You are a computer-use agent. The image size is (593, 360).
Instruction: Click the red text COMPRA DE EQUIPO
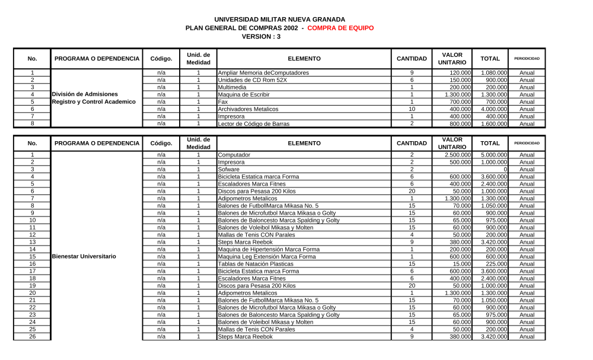(340, 28)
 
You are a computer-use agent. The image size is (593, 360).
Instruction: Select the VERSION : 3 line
(261, 36)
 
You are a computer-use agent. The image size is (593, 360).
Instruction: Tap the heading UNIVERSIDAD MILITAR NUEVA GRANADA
(279, 20)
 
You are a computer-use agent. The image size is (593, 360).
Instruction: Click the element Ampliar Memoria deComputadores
(263, 73)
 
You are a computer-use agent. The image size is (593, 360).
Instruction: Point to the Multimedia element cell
(232, 87)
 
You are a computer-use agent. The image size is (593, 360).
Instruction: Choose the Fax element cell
(223, 102)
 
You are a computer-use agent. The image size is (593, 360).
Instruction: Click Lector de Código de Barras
(253, 124)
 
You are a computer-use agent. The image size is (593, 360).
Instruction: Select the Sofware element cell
(229, 170)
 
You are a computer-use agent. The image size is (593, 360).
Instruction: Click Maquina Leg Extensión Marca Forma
(267, 257)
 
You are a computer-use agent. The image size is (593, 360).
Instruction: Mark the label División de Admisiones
(85, 94)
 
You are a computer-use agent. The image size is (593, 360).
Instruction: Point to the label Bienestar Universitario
(84, 257)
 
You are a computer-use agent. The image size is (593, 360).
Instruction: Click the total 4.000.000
(493, 109)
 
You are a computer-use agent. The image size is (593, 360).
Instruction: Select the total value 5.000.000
(493, 155)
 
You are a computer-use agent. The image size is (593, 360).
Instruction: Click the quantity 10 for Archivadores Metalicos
(412, 109)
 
